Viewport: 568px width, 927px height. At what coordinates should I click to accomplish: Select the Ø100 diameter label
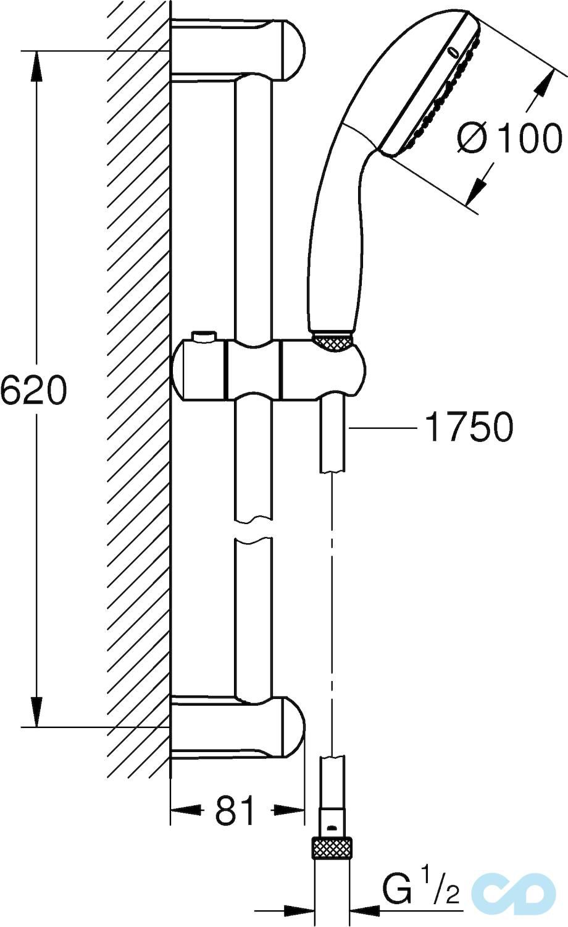tap(510, 138)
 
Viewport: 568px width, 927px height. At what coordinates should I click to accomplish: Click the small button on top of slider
tap(204, 336)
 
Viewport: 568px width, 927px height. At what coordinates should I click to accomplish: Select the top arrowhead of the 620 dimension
tap(37, 65)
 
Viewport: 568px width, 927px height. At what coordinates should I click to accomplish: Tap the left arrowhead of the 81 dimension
tap(185, 810)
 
